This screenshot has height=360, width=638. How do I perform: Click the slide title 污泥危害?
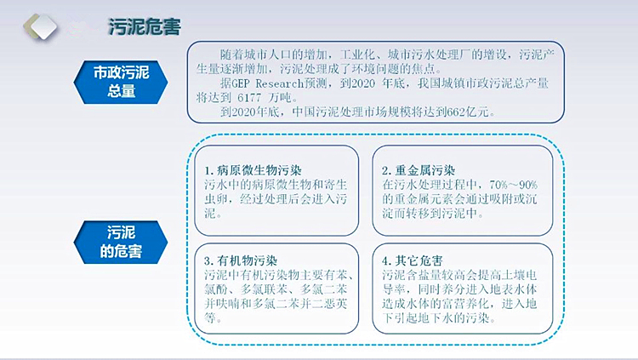tap(145, 27)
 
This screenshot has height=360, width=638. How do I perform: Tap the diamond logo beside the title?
tap(40, 27)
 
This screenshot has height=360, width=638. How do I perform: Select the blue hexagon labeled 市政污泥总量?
tap(121, 82)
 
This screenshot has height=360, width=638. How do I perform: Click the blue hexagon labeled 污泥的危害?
tap(121, 243)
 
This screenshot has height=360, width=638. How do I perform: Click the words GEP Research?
tap(267, 83)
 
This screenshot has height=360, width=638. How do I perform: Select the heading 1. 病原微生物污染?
tap(253, 170)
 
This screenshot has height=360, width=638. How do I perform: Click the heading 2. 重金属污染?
tap(419, 170)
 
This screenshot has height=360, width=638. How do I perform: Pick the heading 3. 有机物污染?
tap(241, 260)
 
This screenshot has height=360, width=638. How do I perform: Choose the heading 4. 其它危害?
tap(413, 260)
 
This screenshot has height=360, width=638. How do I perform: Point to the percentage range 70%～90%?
tap(514, 185)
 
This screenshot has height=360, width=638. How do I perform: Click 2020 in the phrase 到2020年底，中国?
tap(245, 111)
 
